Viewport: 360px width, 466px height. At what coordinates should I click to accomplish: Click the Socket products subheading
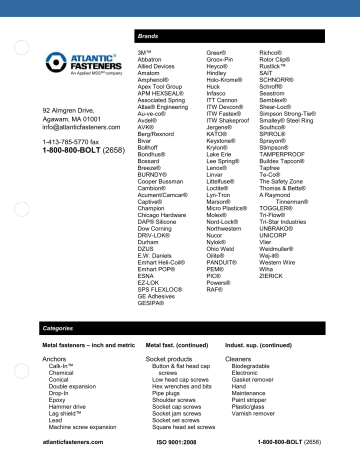168,357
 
